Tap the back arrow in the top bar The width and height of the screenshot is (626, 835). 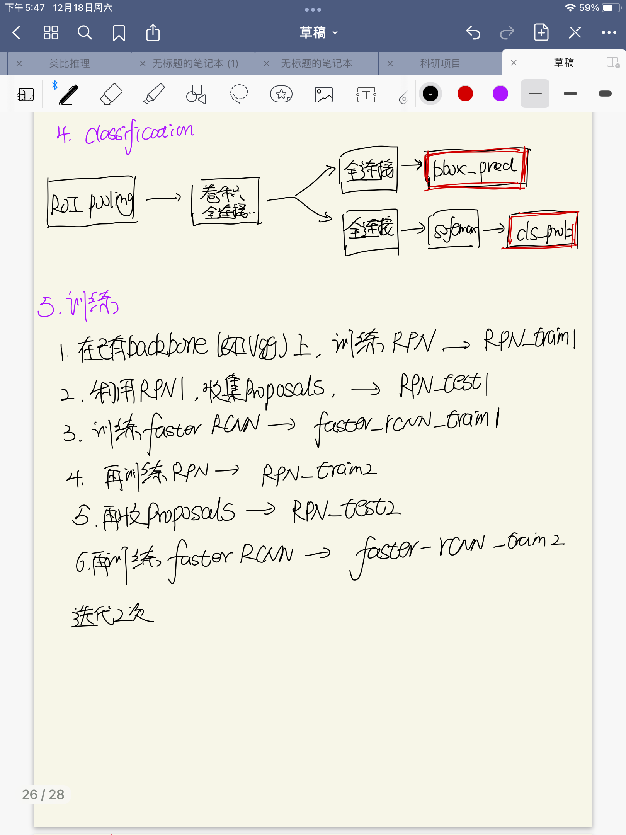click(x=17, y=33)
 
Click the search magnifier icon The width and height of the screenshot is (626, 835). click(x=85, y=33)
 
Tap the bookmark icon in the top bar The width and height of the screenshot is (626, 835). click(x=119, y=33)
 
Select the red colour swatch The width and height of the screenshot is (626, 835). click(x=465, y=94)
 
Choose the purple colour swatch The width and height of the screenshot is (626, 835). click(x=500, y=94)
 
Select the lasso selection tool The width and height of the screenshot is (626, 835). click(x=239, y=94)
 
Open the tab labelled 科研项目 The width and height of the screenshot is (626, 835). click(x=440, y=63)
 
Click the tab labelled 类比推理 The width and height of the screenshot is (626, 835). click(x=69, y=63)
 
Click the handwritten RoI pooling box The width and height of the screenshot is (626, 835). click(x=92, y=202)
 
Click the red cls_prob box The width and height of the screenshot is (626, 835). click(x=543, y=231)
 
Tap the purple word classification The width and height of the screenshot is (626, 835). click(x=139, y=133)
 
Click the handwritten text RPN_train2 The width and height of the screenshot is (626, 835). click(x=319, y=472)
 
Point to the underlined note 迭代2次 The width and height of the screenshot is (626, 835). click(x=112, y=615)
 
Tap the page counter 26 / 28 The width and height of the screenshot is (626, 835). click(x=43, y=794)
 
